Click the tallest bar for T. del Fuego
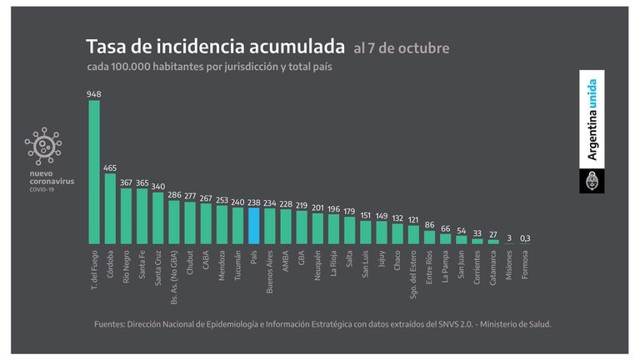tap(94, 171)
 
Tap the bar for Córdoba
tap(110, 208)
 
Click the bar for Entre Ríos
tap(429, 237)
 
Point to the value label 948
tap(94, 94)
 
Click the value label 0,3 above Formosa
tap(525, 238)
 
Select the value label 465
tap(110, 167)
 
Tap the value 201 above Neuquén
tap(317, 207)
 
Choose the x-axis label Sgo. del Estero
tap(414, 276)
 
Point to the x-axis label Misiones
tap(509, 264)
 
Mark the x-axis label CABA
tap(206, 258)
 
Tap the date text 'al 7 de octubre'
tap(401, 48)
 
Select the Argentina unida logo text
tap(592, 119)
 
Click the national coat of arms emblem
tap(592, 180)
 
